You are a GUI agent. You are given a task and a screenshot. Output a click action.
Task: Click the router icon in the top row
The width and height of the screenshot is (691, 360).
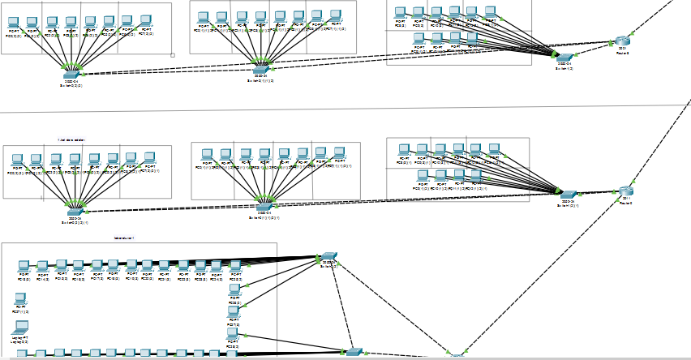pyautogui.click(x=622, y=41)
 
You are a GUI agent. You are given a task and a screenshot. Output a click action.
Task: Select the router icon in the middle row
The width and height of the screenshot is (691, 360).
pyautogui.click(x=625, y=192)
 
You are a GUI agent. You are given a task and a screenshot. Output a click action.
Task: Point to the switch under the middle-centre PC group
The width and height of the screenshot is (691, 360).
pyautogui.click(x=263, y=208)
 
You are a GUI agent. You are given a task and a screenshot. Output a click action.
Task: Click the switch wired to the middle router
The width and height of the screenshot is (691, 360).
pyautogui.click(x=568, y=195)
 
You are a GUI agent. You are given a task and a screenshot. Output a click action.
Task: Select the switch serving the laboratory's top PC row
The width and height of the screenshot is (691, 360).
pyautogui.click(x=328, y=257)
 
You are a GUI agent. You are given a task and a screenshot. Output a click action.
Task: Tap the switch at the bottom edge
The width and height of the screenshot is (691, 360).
pyautogui.click(x=353, y=351)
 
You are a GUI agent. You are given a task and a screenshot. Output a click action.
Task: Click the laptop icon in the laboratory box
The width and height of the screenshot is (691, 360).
pyautogui.click(x=20, y=327)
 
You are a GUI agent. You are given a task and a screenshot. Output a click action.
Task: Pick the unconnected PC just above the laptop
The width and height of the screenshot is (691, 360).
pyautogui.click(x=20, y=299)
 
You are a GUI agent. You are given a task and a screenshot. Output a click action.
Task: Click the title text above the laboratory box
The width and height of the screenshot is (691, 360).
pyautogui.click(x=125, y=238)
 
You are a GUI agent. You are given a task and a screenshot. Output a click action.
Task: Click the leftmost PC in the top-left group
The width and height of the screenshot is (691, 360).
pyautogui.click(x=13, y=22)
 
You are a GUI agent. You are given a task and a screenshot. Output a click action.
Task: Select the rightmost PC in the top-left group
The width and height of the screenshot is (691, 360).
pyautogui.click(x=145, y=20)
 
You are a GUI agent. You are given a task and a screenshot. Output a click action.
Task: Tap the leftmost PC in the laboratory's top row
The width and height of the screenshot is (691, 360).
pyautogui.click(x=24, y=266)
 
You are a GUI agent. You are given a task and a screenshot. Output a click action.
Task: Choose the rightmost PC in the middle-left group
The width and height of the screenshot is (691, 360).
pyautogui.click(x=149, y=157)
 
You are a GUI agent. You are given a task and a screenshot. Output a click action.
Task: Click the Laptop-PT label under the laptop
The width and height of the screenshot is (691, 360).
pyautogui.click(x=20, y=336)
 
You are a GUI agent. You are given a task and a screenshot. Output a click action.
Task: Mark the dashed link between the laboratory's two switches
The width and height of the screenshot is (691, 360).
pyautogui.click(x=340, y=303)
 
